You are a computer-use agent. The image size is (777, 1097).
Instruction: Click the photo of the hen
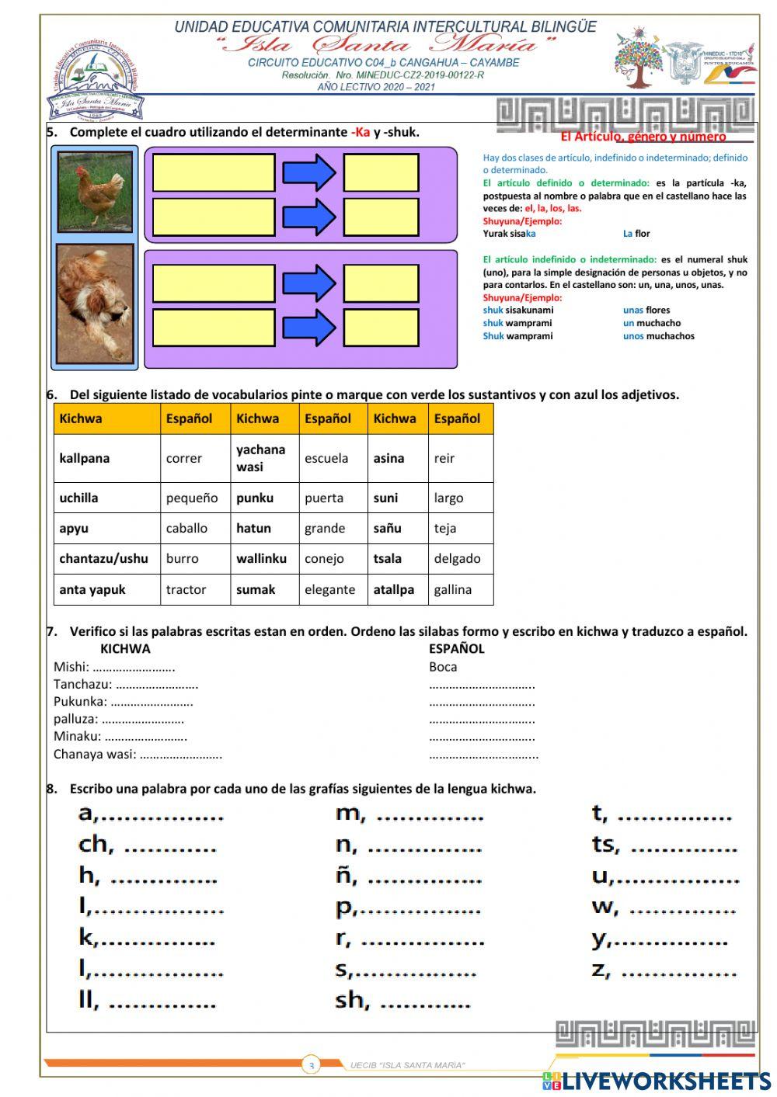[x=95, y=192]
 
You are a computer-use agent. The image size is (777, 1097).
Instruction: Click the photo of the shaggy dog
[x=95, y=304]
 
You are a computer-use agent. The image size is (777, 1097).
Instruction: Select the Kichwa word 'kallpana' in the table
[x=84, y=458]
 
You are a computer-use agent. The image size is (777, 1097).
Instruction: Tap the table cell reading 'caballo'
[x=186, y=528]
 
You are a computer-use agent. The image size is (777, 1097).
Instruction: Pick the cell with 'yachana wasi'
[x=260, y=458]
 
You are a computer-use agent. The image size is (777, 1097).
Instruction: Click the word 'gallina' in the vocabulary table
[x=452, y=589]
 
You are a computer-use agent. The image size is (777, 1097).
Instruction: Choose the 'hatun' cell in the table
[x=253, y=528]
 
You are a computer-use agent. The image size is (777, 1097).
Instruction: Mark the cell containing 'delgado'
[x=457, y=558]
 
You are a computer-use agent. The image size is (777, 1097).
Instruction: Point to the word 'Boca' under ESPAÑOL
[x=443, y=667]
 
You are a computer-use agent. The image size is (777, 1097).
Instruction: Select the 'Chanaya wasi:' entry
[x=94, y=754]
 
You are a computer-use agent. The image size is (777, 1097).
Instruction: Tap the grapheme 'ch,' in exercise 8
[x=96, y=845]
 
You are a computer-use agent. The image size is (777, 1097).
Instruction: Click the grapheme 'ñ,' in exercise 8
[x=347, y=876]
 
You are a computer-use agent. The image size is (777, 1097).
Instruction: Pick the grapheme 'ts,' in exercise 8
[x=606, y=845]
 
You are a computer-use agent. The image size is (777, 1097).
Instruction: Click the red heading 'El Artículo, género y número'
[x=643, y=137]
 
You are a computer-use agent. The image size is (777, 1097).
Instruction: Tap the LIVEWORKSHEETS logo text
[x=666, y=1081]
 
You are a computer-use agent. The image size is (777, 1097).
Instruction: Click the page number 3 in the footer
[x=312, y=1066]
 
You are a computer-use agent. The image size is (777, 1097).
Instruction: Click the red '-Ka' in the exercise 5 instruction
[x=361, y=132]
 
